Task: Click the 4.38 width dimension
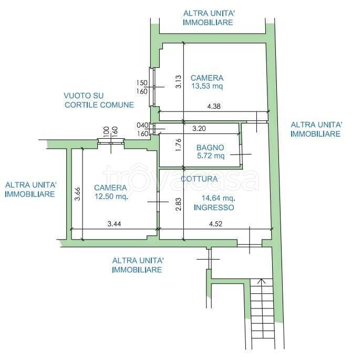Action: pos(214,107)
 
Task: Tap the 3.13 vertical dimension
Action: pos(179,82)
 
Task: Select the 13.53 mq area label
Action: pos(207,86)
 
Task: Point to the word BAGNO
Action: pos(210,148)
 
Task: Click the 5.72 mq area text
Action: pos(211,156)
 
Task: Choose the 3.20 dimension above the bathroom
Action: pos(199,128)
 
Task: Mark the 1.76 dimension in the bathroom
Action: pos(179,145)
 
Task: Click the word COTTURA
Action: pos(199,179)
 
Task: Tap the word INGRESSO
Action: pos(214,208)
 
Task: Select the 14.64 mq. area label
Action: pos(219,198)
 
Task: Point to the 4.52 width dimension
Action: pos(215,224)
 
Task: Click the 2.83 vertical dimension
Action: pos(179,204)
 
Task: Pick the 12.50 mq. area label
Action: pos(111,197)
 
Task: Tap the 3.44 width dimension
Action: pos(114,224)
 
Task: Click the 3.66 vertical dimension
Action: pos(78,194)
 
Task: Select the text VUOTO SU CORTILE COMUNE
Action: pos(99,100)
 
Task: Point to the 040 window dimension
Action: pos(142,125)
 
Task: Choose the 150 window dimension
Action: pos(142,83)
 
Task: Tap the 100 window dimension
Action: pos(107,132)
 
